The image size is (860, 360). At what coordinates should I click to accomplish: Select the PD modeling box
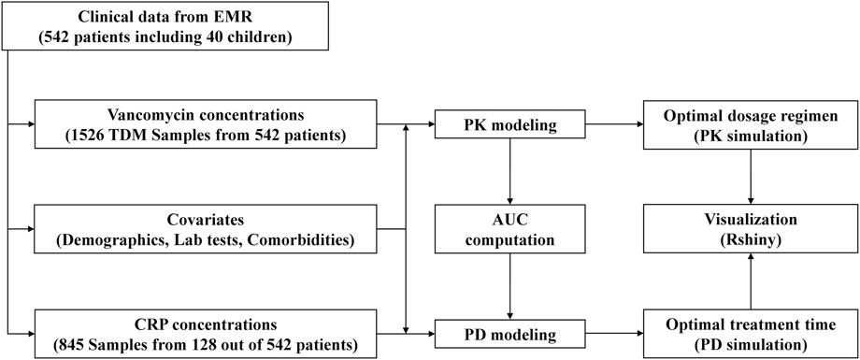click(x=508, y=332)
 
